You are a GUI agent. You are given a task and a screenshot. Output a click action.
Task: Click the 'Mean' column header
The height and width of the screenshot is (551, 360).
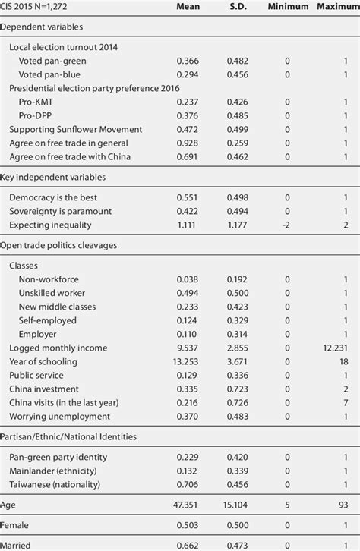coord(188,8)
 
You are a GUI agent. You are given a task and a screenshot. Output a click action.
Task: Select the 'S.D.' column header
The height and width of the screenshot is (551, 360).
coord(238,8)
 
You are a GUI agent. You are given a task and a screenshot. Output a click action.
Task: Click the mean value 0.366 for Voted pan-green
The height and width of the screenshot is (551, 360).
coord(188,61)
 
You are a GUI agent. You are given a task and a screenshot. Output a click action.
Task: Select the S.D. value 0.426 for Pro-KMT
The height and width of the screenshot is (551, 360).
coord(238,102)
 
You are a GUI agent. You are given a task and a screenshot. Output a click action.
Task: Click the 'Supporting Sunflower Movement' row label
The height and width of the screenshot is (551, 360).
coord(71,129)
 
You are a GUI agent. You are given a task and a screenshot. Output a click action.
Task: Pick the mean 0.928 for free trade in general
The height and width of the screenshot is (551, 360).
coord(188,143)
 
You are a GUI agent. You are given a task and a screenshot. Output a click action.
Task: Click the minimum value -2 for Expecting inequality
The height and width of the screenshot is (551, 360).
coord(287,225)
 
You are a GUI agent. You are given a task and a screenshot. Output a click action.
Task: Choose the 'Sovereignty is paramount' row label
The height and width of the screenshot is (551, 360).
coord(61,211)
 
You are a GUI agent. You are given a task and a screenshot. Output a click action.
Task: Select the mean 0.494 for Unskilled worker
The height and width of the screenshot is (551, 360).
coord(188,293)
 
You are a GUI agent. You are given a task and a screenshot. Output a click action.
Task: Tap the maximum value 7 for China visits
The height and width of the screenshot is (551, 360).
coord(346,402)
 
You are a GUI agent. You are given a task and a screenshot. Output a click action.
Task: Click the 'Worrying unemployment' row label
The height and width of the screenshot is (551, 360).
coord(60,416)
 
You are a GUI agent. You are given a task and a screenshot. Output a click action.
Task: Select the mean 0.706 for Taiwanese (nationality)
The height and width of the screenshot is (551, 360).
coord(188,484)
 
